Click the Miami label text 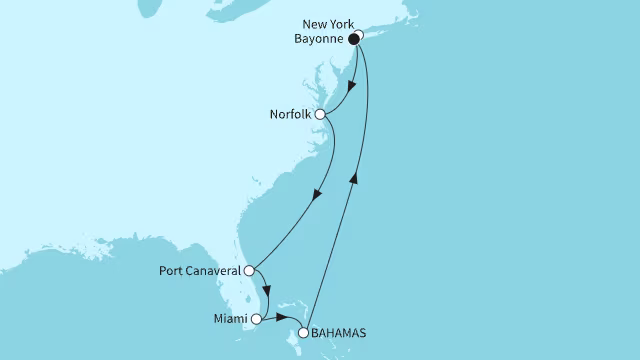[x=229, y=320]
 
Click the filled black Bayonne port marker [x=353, y=41]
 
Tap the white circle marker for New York [x=359, y=35]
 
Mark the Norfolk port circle [x=320, y=115]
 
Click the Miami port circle [x=256, y=320]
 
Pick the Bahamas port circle [x=304, y=331]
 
